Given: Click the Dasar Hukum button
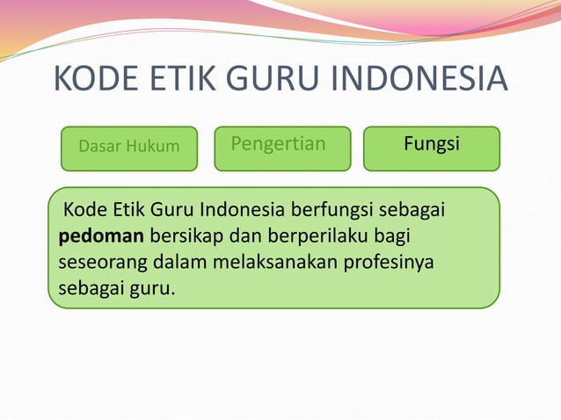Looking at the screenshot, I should pyautogui.click(x=128, y=147).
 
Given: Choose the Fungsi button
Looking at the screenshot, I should pyautogui.click(x=431, y=143).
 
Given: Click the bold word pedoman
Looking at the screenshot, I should pyautogui.click(x=101, y=236).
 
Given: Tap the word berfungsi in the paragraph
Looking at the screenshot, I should pyautogui.click(x=331, y=211).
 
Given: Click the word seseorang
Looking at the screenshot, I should pyautogui.click(x=103, y=262).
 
